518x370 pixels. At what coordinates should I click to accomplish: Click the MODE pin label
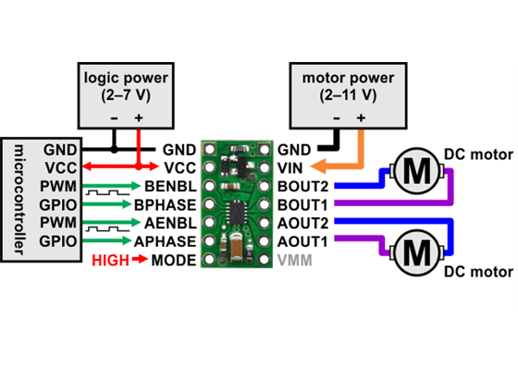click(x=174, y=260)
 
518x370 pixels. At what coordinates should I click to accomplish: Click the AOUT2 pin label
click(x=302, y=223)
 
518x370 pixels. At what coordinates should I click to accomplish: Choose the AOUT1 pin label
click(x=302, y=241)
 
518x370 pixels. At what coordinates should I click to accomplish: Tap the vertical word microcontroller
click(x=21, y=199)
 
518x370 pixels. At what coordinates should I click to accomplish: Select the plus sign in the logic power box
click(x=139, y=118)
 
